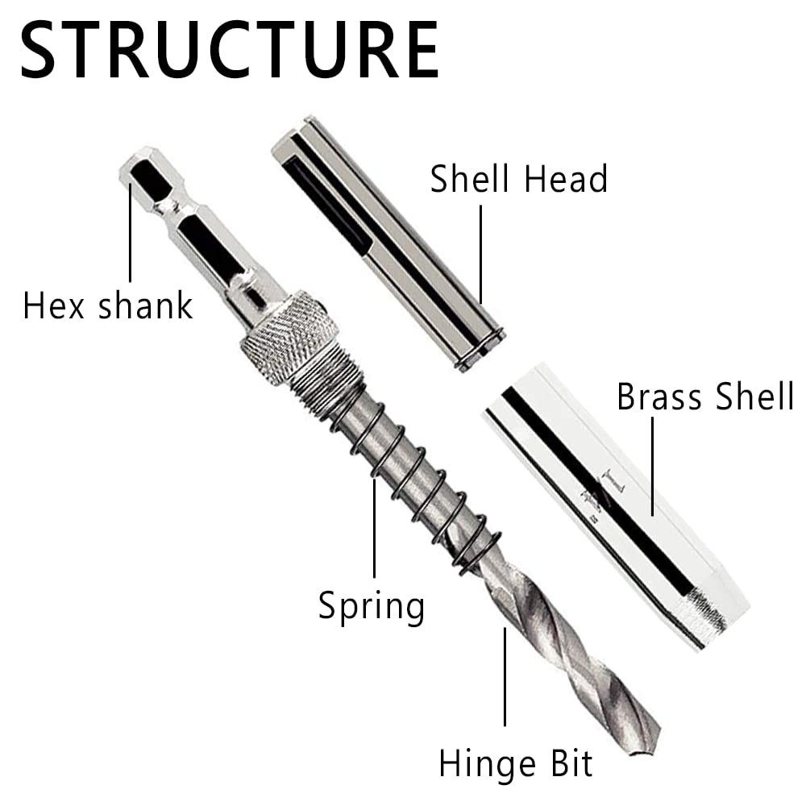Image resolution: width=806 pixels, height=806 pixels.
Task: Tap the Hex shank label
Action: (x=108, y=306)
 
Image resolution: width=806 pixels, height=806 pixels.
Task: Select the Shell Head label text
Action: (x=518, y=178)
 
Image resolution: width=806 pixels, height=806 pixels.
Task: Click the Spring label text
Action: (x=372, y=604)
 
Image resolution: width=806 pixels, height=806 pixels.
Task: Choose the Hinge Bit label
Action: (x=516, y=762)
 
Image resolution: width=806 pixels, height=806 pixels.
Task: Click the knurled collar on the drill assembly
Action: (x=290, y=336)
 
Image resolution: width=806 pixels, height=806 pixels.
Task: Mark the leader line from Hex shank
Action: (x=130, y=234)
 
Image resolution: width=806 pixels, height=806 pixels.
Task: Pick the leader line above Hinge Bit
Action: (x=505, y=677)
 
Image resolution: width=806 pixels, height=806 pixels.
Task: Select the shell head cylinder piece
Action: (x=387, y=242)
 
